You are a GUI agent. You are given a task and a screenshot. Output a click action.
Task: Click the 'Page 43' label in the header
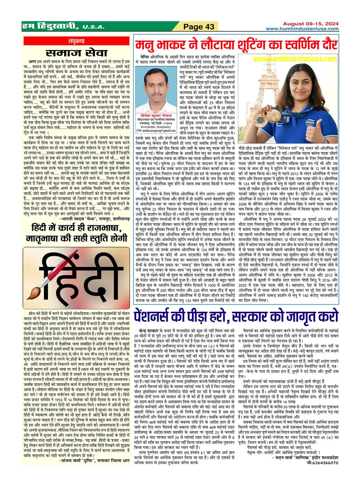click(199, 27)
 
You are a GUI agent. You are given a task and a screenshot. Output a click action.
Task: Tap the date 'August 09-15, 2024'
click(311, 24)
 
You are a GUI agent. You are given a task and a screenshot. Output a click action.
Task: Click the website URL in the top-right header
click(302, 29)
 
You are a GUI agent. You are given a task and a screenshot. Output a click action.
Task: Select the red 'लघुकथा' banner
click(76, 41)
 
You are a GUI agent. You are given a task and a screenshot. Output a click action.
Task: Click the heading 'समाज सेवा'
click(76, 53)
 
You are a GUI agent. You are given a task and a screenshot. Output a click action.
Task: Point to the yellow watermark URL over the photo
click(295, 59)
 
